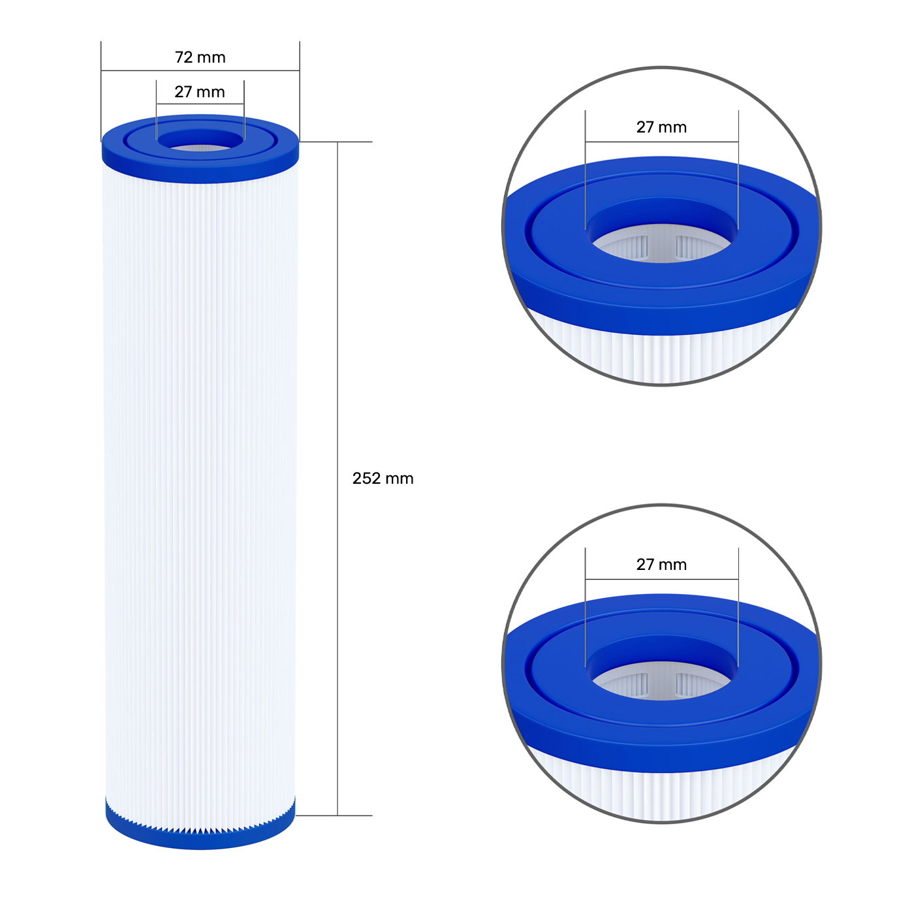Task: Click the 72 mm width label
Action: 200,57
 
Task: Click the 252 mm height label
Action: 383,479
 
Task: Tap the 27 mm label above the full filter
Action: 199,92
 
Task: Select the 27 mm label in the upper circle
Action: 661,127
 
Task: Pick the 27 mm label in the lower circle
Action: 661,565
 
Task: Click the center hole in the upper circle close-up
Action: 661,242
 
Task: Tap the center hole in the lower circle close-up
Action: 661,679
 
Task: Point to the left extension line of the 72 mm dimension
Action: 101,91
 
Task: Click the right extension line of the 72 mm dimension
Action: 300,91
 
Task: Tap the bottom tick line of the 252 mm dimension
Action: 353,815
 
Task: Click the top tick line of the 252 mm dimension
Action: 353,142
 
